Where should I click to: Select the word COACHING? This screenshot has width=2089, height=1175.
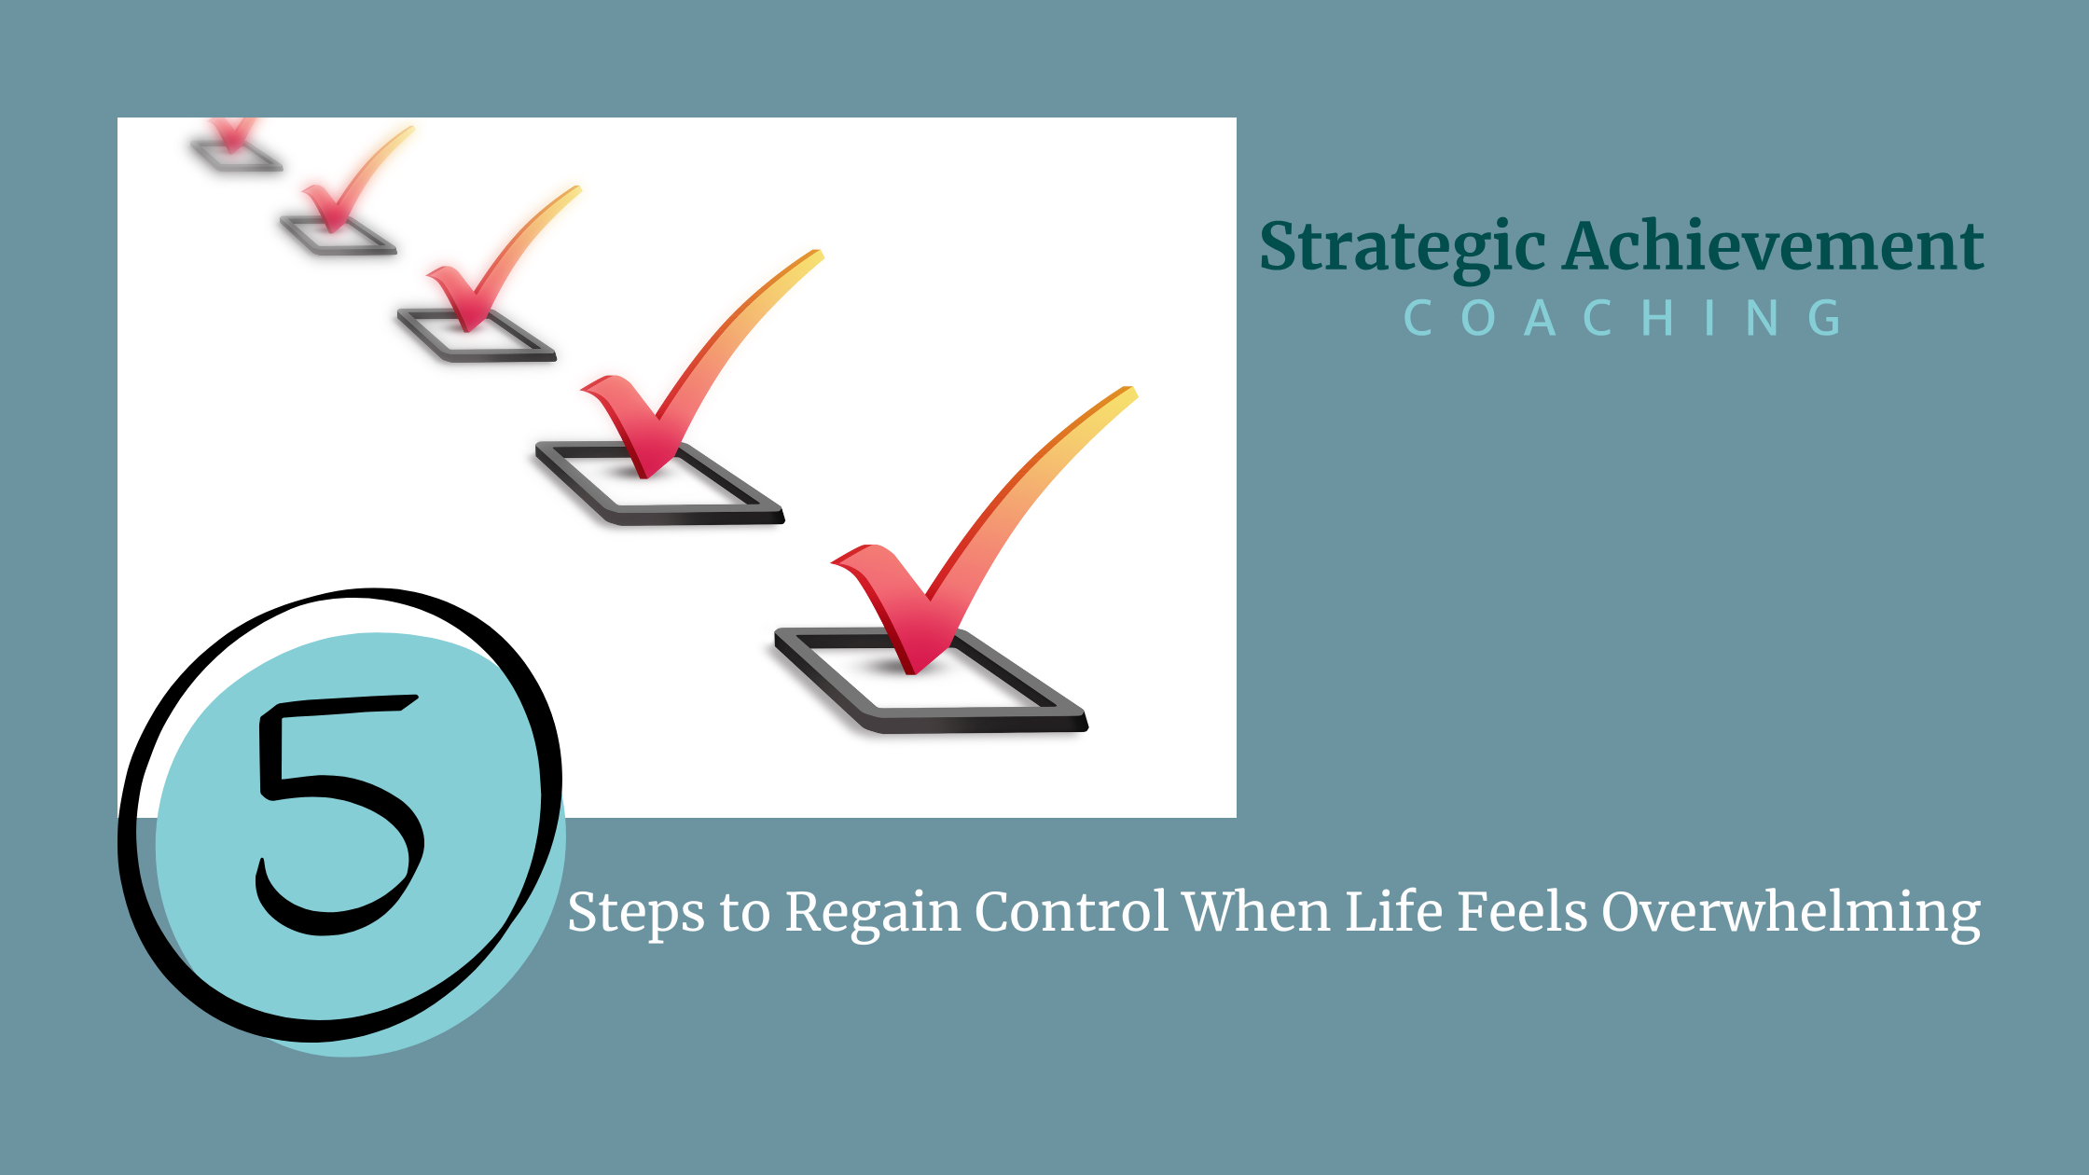pos(1623,318)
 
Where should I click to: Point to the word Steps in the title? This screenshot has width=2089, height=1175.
pos(635,912)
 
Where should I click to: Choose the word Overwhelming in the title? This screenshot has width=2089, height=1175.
pos(1791,912)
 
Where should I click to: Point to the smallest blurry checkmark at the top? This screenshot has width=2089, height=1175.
pos(233,135)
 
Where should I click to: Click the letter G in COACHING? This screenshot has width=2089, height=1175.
pos(1824,318)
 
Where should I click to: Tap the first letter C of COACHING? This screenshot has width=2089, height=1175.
pos(1418,318)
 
